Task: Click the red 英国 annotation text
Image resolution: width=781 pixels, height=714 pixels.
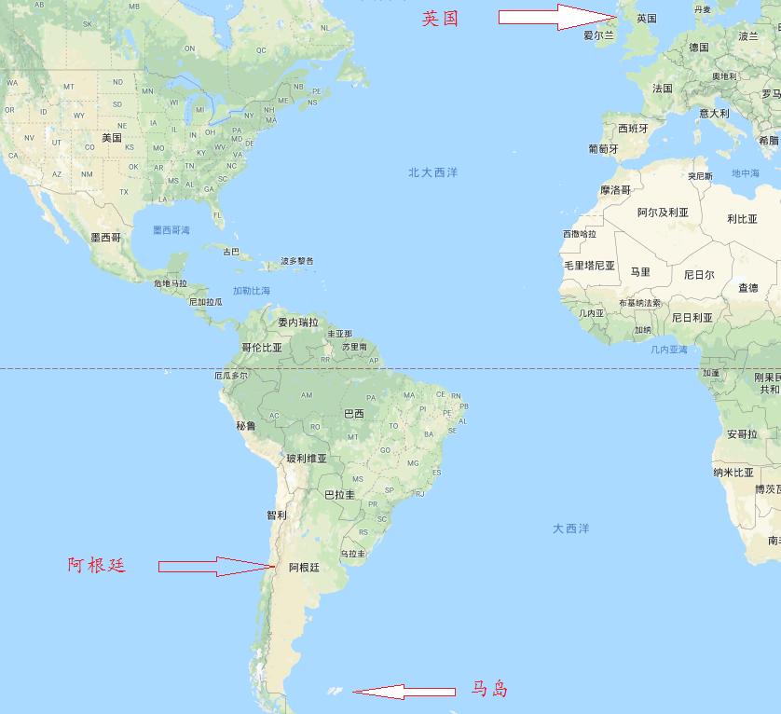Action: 440,19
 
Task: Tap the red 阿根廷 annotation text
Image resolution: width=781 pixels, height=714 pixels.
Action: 96,565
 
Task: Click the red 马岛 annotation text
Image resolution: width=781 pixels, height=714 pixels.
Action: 489,690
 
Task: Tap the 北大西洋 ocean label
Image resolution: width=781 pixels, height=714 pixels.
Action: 433,172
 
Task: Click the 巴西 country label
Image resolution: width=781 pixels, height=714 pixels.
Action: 354,413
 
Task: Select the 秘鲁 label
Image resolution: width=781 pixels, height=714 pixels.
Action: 245,426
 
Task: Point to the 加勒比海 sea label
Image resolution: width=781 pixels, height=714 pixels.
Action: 252,291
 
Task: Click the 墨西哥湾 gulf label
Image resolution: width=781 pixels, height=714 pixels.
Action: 171,229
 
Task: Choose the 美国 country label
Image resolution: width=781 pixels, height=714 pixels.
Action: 112,138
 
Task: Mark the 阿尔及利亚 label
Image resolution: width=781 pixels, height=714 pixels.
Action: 663,213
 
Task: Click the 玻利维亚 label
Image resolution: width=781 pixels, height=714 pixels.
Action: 307,459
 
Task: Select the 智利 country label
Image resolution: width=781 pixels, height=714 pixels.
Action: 277,515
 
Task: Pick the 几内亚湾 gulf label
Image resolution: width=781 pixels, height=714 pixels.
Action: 669,350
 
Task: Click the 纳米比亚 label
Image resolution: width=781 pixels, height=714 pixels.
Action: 733,473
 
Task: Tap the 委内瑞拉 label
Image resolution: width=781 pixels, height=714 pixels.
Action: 298,323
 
